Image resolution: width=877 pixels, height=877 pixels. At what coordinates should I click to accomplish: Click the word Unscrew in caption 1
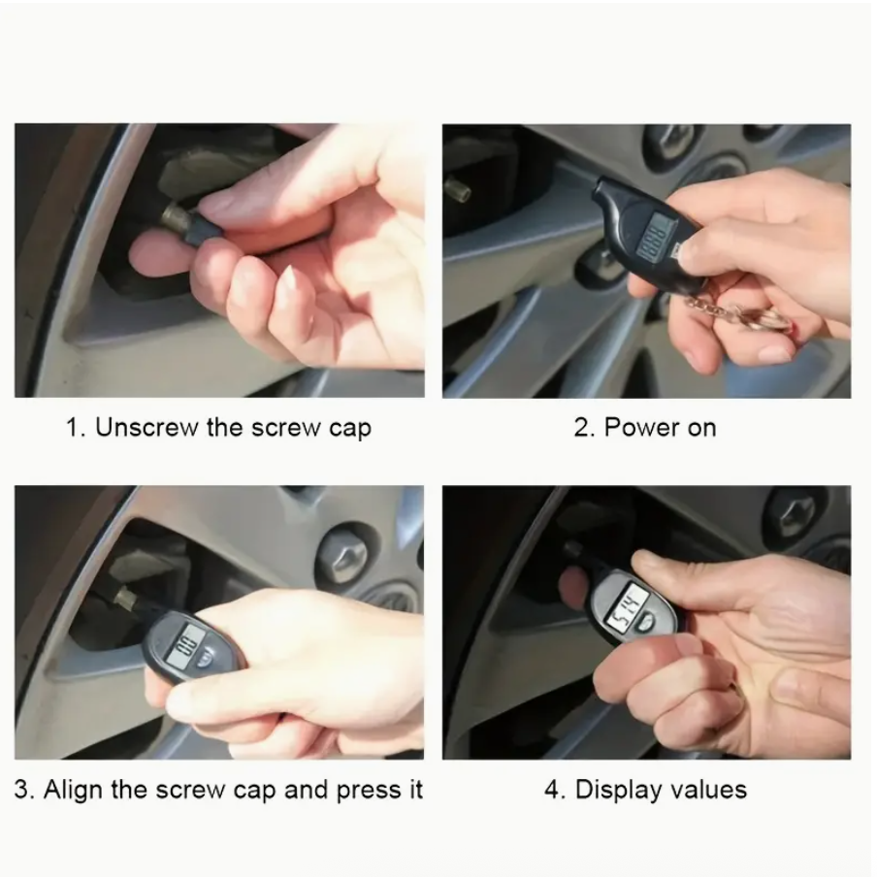click(x=146, y=428)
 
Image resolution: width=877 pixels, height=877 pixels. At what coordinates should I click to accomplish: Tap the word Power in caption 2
click(x=642, y=428)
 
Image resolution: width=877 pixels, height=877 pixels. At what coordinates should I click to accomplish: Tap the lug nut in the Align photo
click(x=341, y=555)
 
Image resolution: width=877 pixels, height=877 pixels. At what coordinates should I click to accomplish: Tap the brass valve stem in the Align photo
click(x=126, y=600)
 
